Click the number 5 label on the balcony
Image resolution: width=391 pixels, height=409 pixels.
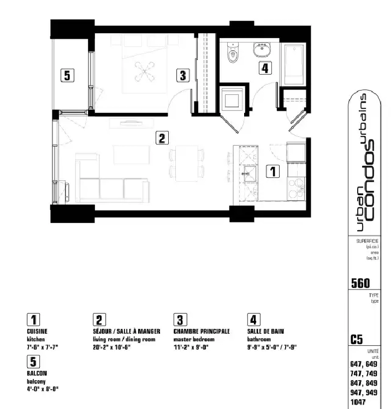[67, 75]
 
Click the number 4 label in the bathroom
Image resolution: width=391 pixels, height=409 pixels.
[264, 68]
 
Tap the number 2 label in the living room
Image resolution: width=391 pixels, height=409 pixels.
[161, 138]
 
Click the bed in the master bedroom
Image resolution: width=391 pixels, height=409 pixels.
[144, 65]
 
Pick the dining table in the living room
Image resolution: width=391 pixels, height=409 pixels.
[182, 160]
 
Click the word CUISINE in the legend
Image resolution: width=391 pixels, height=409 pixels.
[37, 331]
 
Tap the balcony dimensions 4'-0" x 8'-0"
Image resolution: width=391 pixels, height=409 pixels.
[43, 389]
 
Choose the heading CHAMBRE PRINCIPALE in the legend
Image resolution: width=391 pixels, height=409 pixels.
[202, 331]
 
